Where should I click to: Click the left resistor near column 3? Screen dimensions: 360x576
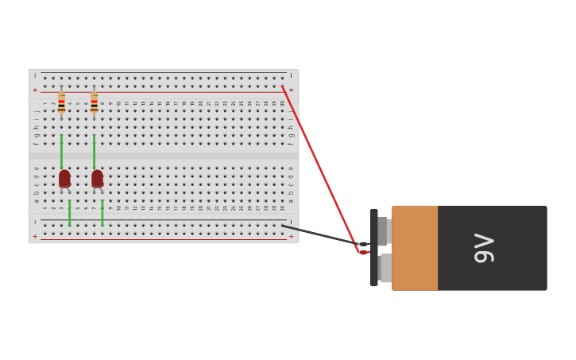[61, 103]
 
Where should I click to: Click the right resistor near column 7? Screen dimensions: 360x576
[94, 103]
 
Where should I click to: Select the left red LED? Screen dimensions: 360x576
[64, 178]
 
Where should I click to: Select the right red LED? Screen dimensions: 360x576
[97, 178]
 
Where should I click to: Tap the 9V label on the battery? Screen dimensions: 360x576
[483, 248]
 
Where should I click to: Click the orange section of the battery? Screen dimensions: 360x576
[415, 248]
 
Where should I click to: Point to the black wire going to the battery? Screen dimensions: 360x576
[322, 235]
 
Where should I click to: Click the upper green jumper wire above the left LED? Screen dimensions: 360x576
[61, 151]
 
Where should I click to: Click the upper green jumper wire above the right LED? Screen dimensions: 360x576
[94, 151]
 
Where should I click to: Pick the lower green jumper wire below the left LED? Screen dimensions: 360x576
[69, 213]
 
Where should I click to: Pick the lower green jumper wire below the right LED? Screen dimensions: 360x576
[102, 213]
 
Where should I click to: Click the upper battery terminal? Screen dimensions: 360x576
[384, 230]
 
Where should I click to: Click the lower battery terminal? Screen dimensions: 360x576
[385, 268]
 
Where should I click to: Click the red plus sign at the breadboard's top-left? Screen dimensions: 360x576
[34, 91]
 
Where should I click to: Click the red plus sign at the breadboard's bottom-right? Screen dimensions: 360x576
[291, 236]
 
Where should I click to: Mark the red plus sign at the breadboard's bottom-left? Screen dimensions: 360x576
[34, 236]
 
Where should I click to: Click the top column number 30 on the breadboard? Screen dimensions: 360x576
[282, 103]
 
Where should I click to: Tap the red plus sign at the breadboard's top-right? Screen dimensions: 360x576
[291, 91]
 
